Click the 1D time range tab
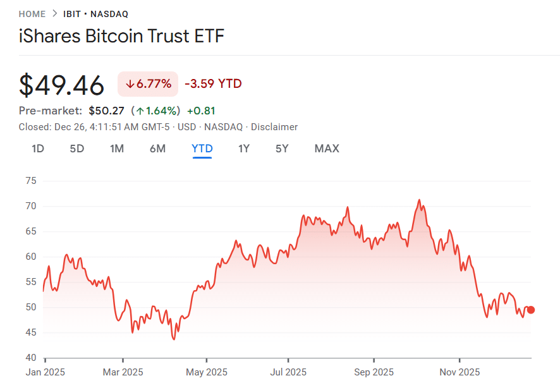pyautogui.click(x=38, y=149)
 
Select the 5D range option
pyautogui.click(x=76, y=149)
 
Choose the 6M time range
pyautogui.click(x=157, y=149)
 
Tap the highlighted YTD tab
pyautogui.click(x=202, y=149)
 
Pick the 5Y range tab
pyautogui.click(x=282, y=149)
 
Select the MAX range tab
pyautogui.click(x=327, y=149)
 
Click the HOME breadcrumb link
pyautogui.click(x=32, y=14)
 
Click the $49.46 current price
pyautogui.click(x=61, y=85)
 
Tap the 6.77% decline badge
pyautogui.click(x=149, y=84)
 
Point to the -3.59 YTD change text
pyautogui.click(x=213, y=84)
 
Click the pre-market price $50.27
pyautogui.click(x=106, y=111)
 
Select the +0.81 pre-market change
pyautogui.click(x=201, y=111)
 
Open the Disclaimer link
pyautogui.click(x=274, y=127)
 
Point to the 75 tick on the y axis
pyautogui.click(x=31, y=181)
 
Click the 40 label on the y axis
pyautogui.click(x=31, y=358)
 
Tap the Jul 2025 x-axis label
pyautogui.click(x=288, y=372)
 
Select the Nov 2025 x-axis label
pyautogui.click(x=460, y=372)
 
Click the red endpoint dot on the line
pyautogui.click(x=531, y=310)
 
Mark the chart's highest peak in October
pyautogui.click(x=419, y=200)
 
